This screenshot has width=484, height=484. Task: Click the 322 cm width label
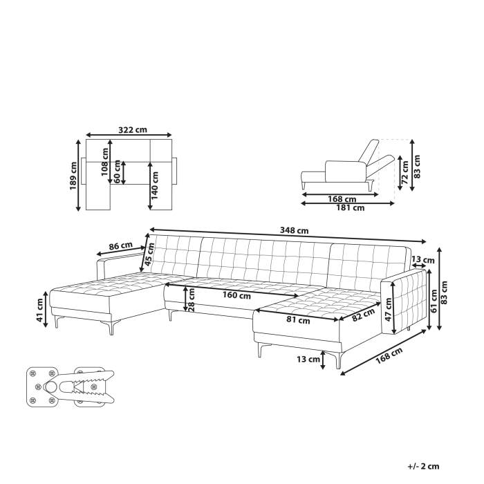[131, 129]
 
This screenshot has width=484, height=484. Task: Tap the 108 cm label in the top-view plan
[105, 162]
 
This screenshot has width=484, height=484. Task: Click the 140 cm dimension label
[157, 184]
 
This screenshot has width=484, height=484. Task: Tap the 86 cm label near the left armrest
[121, 245]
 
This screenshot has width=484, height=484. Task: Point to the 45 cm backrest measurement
[148, 257]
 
